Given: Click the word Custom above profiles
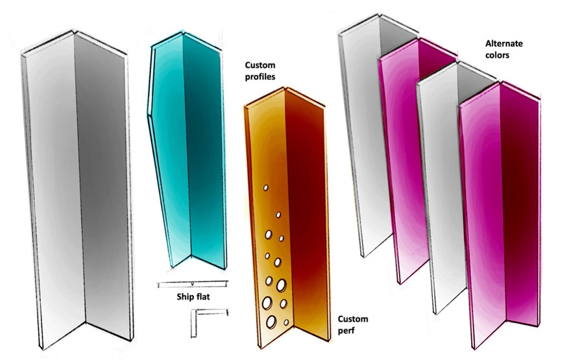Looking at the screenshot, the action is [260, 66].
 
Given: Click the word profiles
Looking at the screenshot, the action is [260, 77].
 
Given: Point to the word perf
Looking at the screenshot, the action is [346, 331].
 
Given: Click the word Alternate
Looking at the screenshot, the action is [504, 43].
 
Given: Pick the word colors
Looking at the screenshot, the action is [497, 55].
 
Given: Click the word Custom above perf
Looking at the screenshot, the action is [353, 319].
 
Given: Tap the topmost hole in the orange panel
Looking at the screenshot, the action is [266, 188].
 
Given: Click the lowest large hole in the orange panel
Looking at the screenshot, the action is [271, 322].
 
